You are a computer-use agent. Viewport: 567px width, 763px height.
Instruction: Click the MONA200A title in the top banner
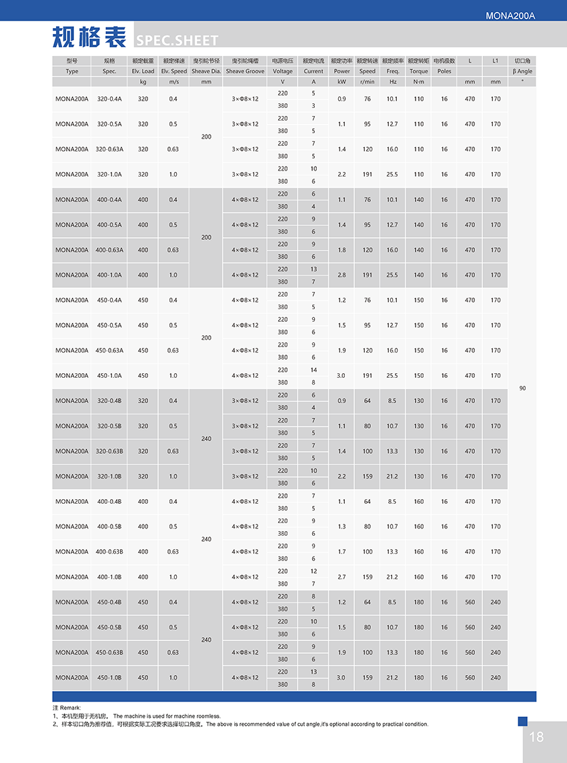(511, 15)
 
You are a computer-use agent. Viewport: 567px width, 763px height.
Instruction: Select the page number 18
(536, 736)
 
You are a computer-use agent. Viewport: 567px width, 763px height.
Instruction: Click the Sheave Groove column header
(245, 71)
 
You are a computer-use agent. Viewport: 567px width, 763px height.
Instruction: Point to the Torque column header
(418, 71)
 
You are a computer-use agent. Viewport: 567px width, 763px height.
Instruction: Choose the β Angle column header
(522, 71)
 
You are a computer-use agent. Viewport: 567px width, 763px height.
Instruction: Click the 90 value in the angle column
(522, 388)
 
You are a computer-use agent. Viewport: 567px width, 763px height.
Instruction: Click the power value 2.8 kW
(342, 275)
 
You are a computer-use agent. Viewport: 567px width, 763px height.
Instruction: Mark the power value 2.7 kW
(342, 577)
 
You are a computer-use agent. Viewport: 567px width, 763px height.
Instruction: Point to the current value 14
(314, 370)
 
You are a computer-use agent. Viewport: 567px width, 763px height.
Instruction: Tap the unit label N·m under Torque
(418, 82)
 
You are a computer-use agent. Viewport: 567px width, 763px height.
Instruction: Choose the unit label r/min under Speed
(367, 82)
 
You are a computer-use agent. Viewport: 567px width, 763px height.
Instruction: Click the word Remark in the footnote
(70, 707)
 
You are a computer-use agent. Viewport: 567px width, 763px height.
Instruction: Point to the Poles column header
(444, 71)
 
